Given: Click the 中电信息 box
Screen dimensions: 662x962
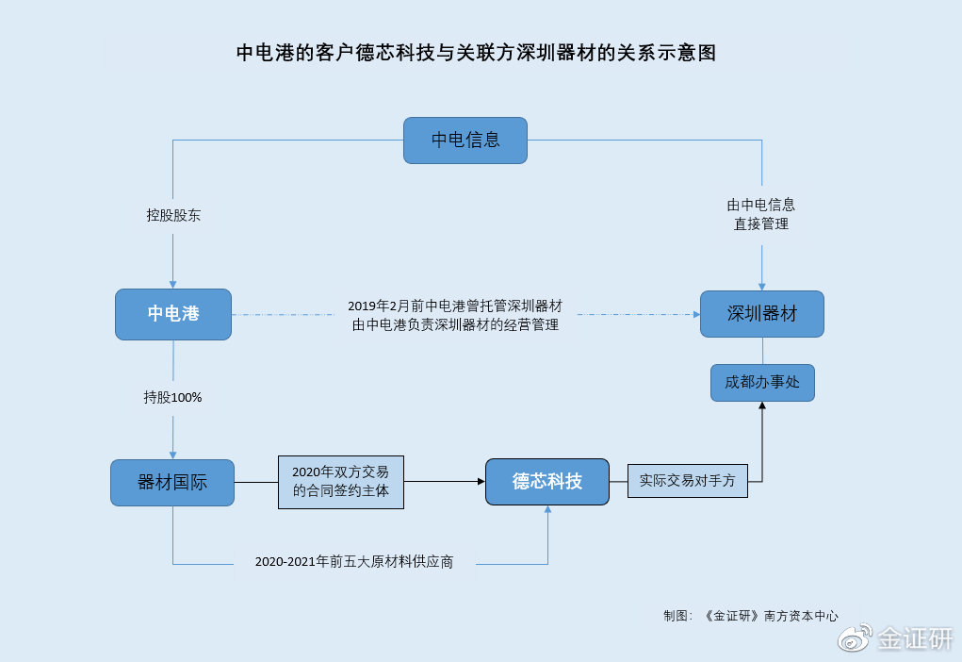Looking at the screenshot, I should tap(465, 141).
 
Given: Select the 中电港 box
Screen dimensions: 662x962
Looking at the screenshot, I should tap(173, 314).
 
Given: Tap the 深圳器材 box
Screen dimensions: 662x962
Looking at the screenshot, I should tap(761, 314).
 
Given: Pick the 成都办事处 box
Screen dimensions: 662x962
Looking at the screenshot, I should tap(761, 383).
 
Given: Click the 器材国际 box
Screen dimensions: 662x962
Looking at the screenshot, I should tap(172, 483).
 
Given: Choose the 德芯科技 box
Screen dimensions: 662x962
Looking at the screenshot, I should tap(546, 482).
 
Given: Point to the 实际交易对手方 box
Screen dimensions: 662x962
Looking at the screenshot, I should tap(687, 480).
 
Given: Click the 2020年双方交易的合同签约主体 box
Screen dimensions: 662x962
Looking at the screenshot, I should tap(340, 482).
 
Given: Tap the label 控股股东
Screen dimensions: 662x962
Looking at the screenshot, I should tap(173, 215).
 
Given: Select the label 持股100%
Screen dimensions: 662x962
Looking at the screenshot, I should tap(172, 398).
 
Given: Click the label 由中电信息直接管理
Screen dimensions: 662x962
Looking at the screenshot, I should tap(761, 214).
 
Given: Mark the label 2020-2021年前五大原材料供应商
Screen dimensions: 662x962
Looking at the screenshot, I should tap(354, 562).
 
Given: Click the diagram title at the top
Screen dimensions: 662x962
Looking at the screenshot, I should tap(476, 53).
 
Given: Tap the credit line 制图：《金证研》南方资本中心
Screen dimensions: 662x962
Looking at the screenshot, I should tap(750, 616).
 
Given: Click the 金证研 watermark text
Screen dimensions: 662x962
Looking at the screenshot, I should tap(915, 639).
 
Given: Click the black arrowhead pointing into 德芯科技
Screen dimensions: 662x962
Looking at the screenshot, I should tap(480, 482).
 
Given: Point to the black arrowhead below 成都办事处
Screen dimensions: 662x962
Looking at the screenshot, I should tap(762, 406).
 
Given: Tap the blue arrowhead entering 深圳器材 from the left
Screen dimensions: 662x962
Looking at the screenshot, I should tap(694, 314).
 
